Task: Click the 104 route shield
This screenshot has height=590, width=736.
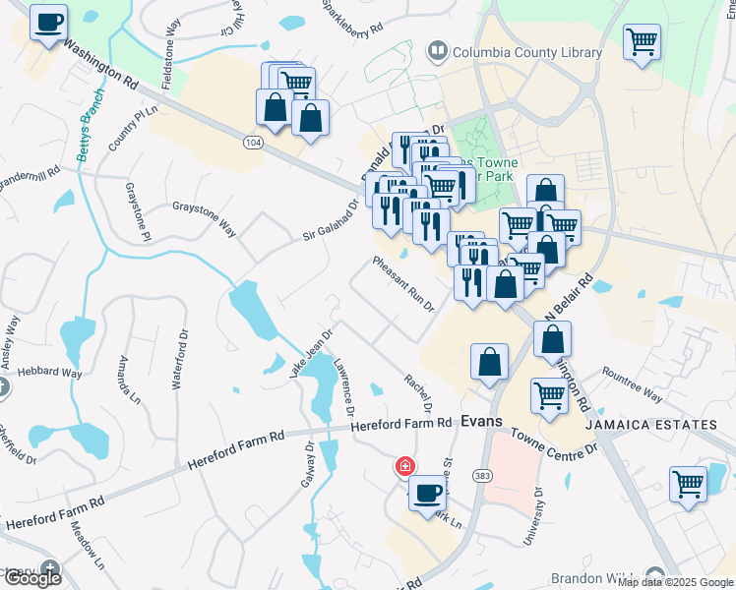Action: pyautogui.click(x=253, y=143)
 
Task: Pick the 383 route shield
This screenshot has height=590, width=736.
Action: pyautogui.click(x=482, y=476)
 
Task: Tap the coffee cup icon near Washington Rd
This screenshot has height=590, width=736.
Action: pyautogui.click(x=48, y=21)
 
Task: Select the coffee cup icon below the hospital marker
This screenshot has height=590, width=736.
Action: pyautogui.click(x=427, y=493)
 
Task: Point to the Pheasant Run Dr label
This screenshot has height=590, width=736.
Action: pyautogui.click(x=403, y=283)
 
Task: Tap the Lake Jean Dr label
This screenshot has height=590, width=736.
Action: pyautogui.click(x=312, y=353)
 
